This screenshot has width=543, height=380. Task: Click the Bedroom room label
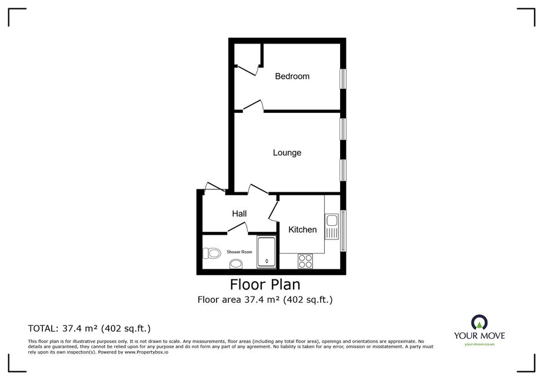click(x=292, y=76)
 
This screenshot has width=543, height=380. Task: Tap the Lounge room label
click(x=287, y=153)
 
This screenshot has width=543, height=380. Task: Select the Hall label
click(x=239, y=214)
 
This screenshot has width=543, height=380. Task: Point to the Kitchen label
click(x=302, y=229)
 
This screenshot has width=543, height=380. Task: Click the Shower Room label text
click(x=239, y=252)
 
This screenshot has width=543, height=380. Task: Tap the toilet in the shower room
click(x=212, y=253)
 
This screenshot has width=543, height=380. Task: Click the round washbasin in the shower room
click(x=236, y=264)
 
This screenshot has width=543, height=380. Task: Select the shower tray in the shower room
click(x=266, y=252)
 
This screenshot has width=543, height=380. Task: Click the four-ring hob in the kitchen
click(x=305, y=261)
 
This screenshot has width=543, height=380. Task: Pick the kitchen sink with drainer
click(x=331, y=226)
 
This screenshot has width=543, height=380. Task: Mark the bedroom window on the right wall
click(x=343, y=79)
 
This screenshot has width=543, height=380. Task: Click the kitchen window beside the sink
click(x=343, y=231)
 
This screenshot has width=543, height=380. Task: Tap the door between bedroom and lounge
click(x=253, y=106)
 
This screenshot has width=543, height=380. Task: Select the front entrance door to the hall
click(x=215, y=186)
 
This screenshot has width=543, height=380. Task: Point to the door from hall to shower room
click(x=238, y=227)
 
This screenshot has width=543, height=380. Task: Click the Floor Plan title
click(x=265, y=284)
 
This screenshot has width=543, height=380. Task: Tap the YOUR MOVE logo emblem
click(x=479, y=322)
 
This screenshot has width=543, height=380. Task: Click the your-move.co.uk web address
click(x=479, y=344)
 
